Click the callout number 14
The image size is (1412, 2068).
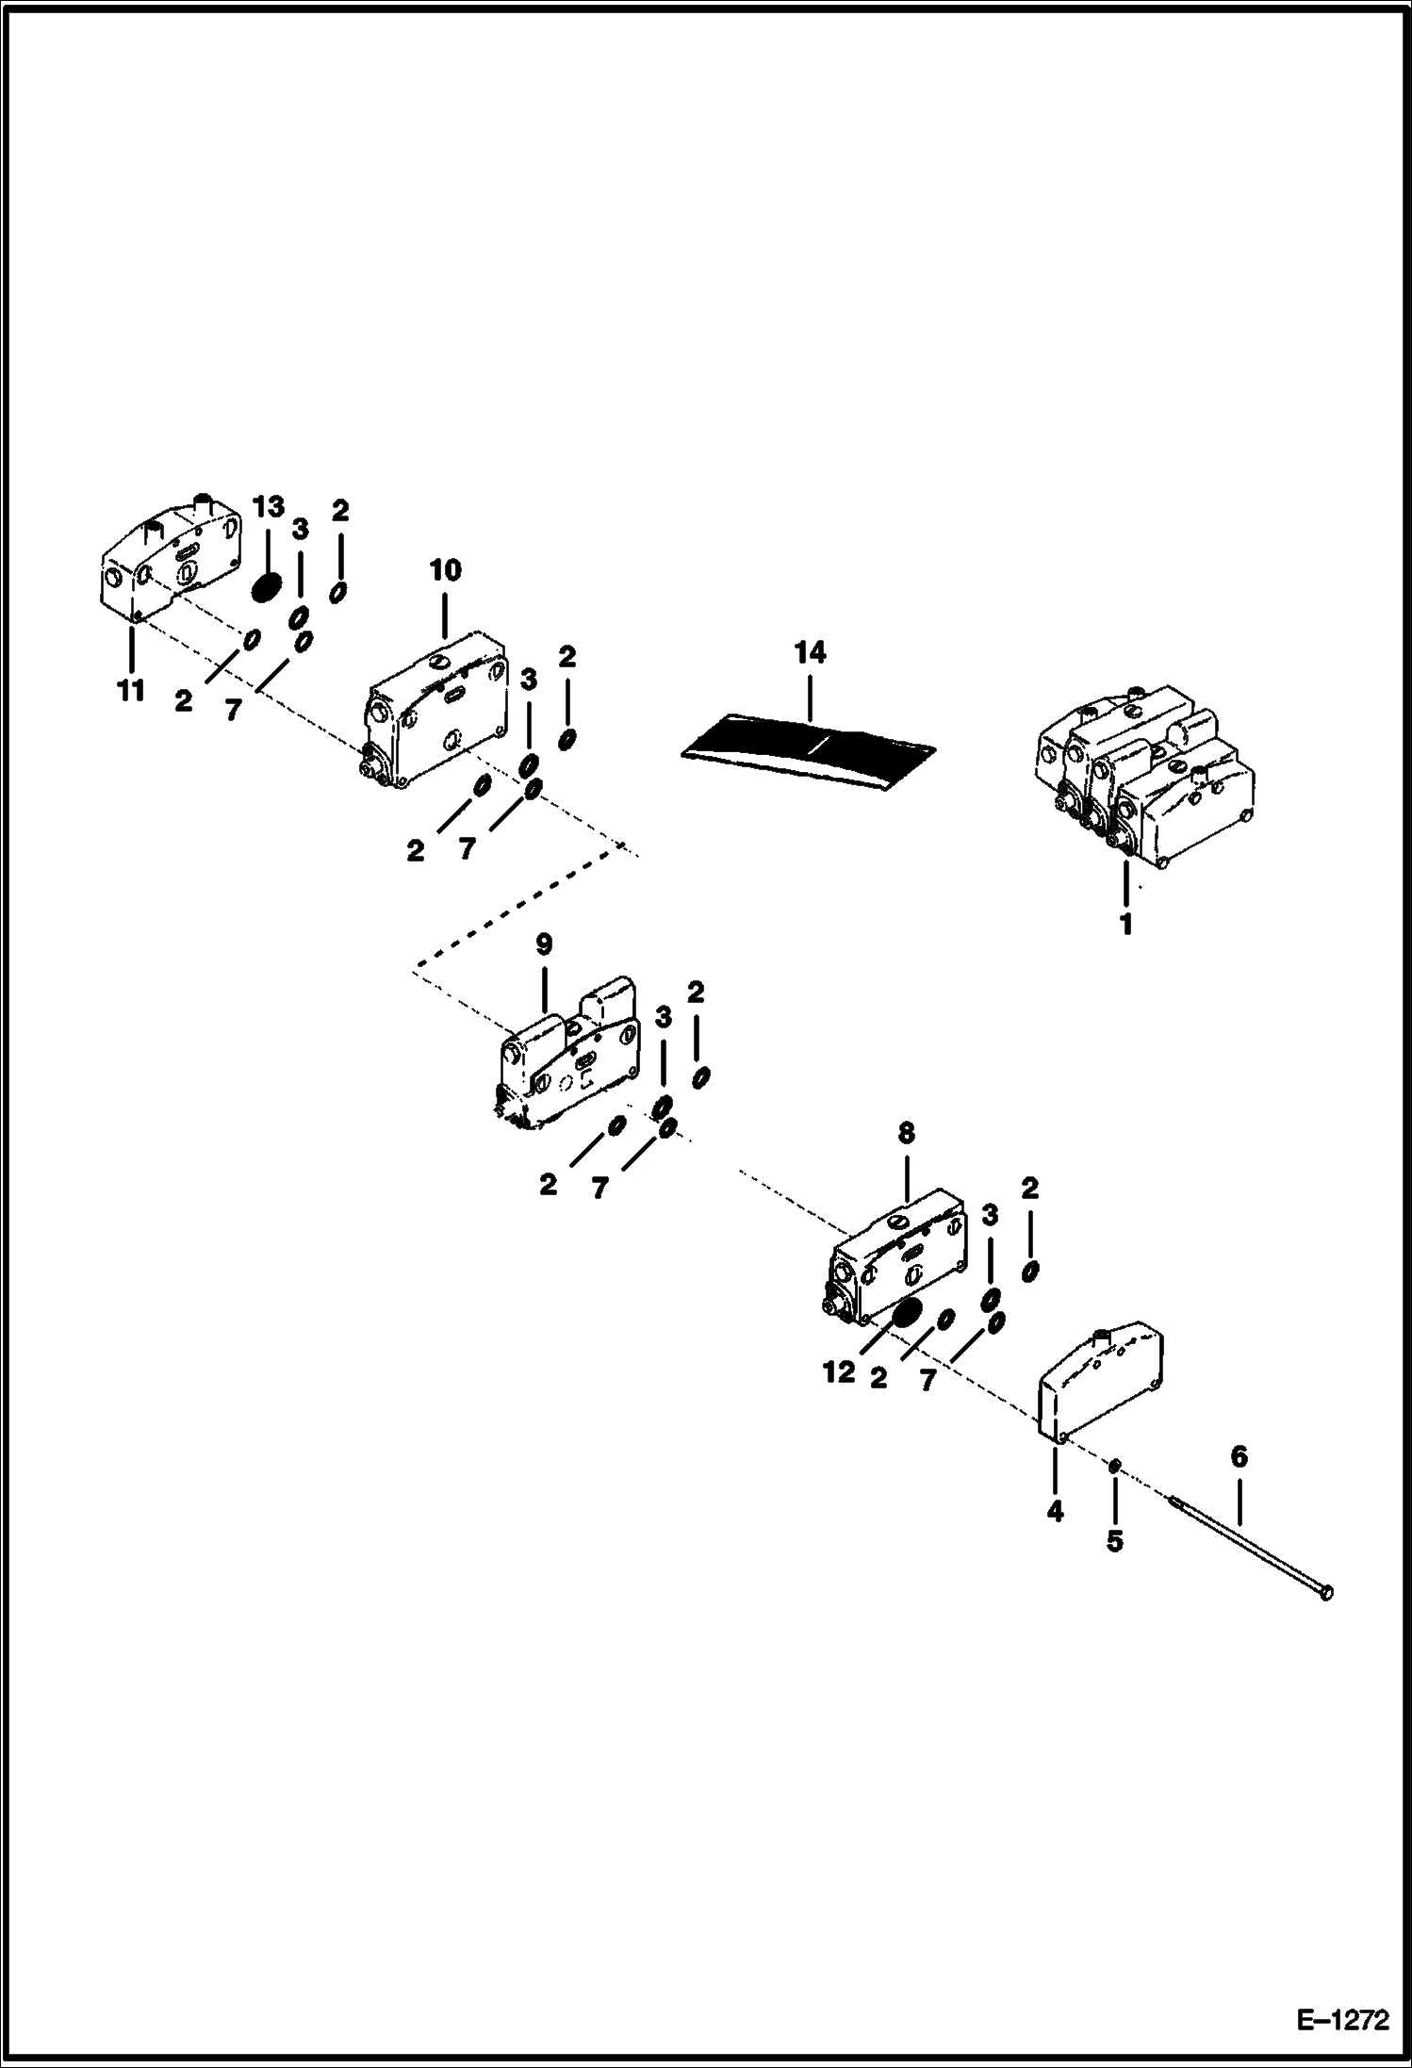coord(810,652)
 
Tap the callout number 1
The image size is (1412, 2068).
coord(1125,924)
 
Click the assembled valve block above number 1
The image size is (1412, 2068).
coord(1145,778)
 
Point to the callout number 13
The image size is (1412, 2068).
coord(268,507)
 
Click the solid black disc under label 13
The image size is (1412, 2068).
coord(267,587)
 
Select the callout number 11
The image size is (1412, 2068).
coord(131,690)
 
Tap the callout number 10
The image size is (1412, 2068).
coord(446,570)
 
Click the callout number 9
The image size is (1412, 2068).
coord(545,944)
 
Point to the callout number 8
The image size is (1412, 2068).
coord(906,1133)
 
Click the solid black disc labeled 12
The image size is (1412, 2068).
coord(907,1313)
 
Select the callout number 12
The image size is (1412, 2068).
coord(838,1372)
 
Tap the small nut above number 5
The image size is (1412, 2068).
coord(1113,1464)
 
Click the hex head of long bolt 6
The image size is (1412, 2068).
coord(1327,1592)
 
